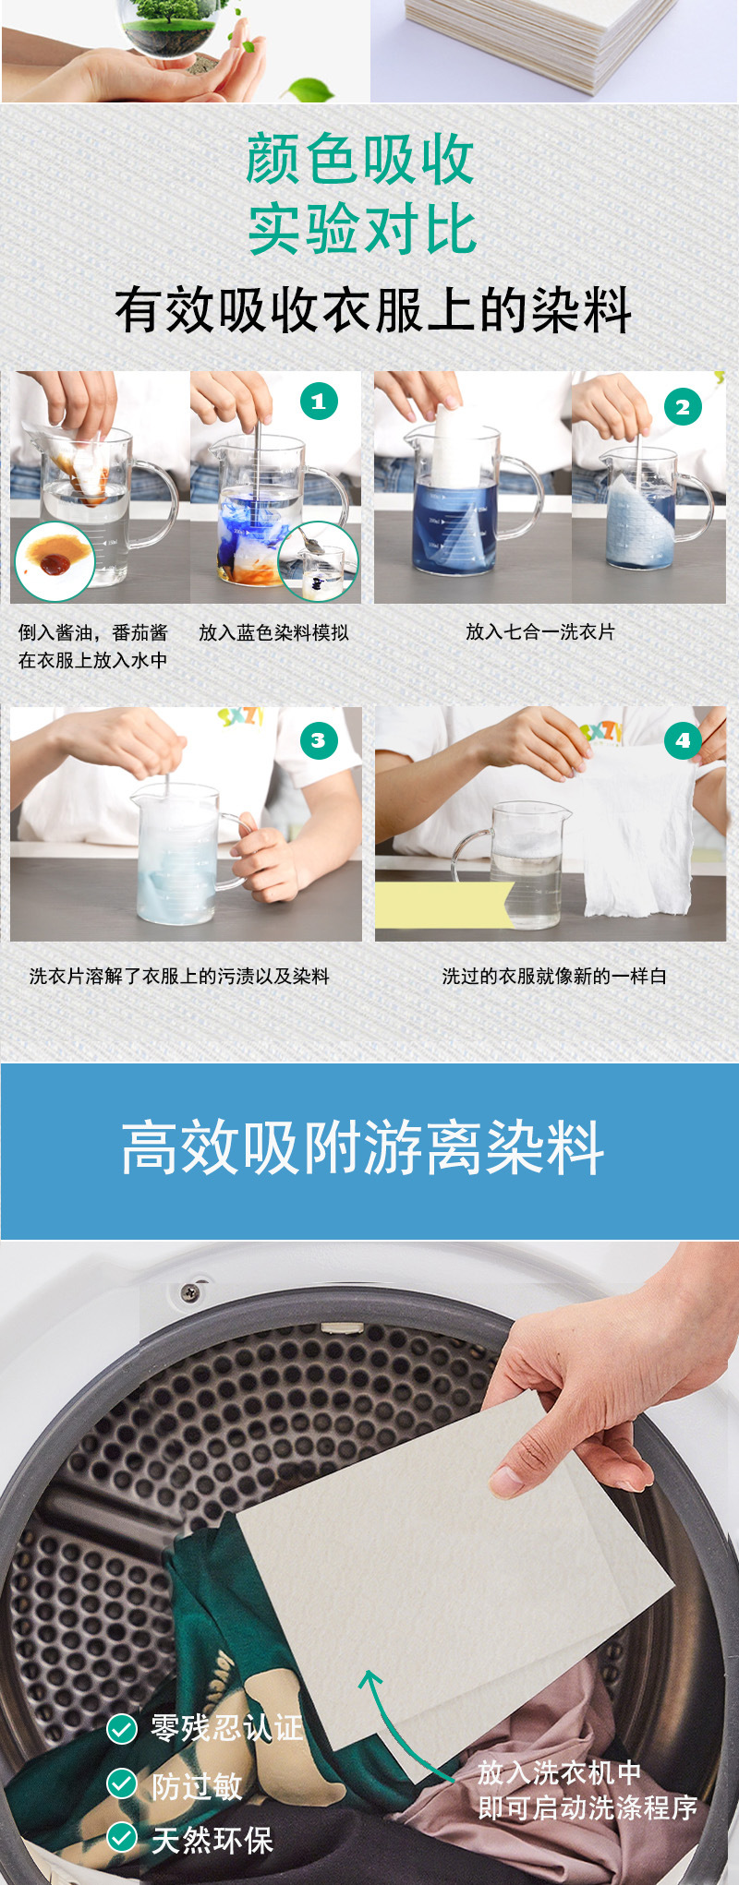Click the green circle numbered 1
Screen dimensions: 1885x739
319,402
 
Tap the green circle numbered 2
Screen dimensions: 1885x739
683,407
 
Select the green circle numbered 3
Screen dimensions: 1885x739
319,740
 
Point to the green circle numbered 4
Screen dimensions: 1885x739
683,740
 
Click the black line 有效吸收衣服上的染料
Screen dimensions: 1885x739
373,310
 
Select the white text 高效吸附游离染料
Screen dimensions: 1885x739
363,1149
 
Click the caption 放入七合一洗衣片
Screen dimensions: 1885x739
540,632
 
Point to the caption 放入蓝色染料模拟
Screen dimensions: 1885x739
273,633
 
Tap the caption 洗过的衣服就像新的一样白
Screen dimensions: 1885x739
553,977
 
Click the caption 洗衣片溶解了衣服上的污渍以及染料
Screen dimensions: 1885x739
179,977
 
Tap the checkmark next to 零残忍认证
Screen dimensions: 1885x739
122,1728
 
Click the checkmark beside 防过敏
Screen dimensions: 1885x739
122,1783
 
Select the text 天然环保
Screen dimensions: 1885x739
212,1840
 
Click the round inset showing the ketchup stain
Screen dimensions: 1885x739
54,561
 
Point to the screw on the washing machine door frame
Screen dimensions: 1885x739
190,1291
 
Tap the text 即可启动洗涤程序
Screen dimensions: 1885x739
588,1808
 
